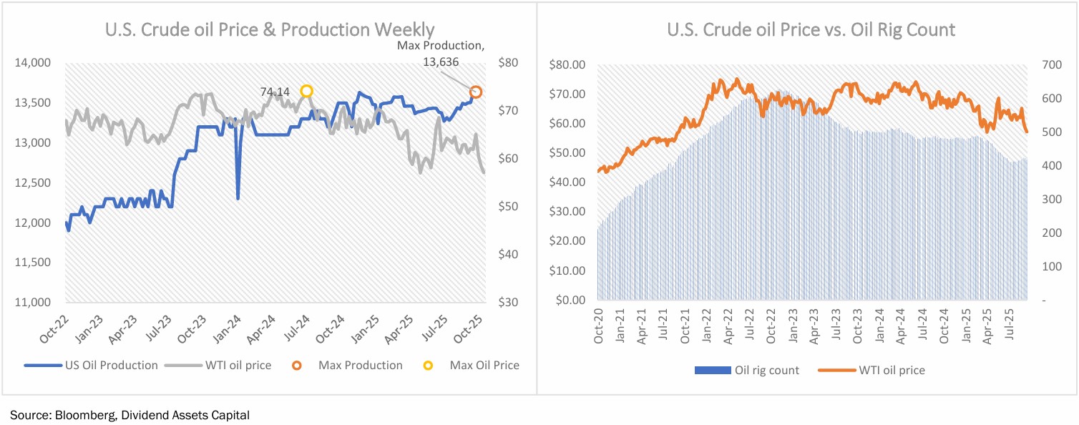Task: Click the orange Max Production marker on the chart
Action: tap(475, 92)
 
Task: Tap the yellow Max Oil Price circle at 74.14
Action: tap(306, 91)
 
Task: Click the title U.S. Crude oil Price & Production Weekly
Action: tap(269, 29)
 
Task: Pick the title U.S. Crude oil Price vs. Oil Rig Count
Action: tap(811, 30)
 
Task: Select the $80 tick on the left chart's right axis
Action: tap(506, 64)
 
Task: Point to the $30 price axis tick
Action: tap(506, 303)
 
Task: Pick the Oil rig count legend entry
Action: tap(766, 370)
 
